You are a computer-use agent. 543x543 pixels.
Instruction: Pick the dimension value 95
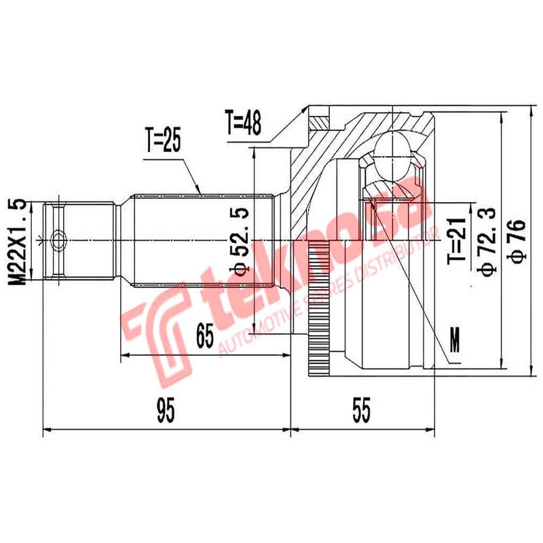[164, 410]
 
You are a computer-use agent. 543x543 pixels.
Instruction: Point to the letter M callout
[454, 340]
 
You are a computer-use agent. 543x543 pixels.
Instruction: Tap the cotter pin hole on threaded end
[58, 240]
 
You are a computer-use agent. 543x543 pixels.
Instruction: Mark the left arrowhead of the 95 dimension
[46, 429]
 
